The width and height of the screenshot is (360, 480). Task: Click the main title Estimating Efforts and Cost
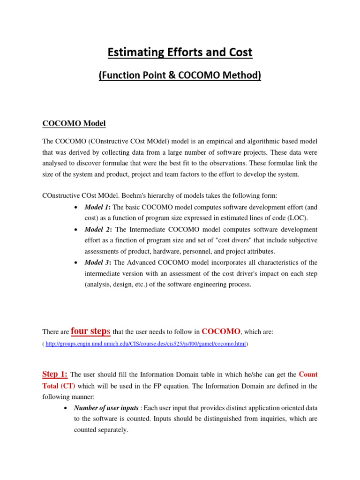click(180, 52)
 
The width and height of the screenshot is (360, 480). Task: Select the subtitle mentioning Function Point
click(180, 75)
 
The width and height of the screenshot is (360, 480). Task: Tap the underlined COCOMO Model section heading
click(74, 124)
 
